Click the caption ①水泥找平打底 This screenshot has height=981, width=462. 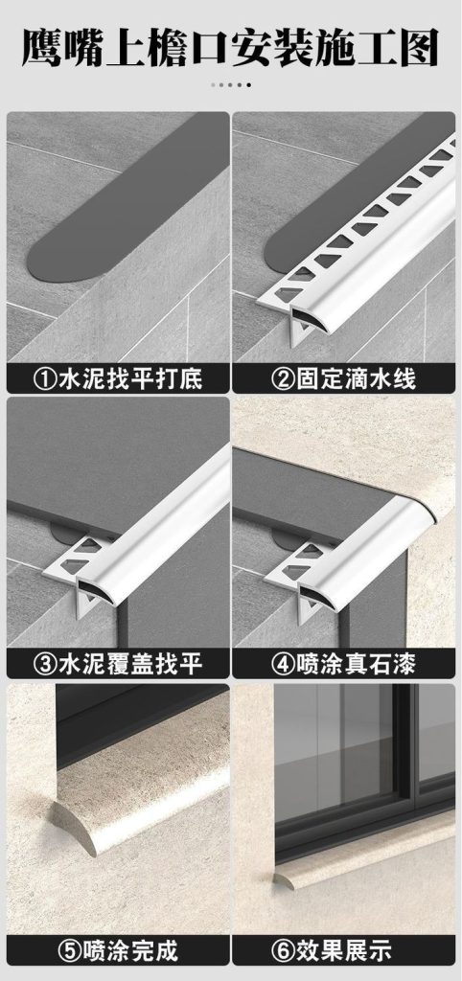point(118,378)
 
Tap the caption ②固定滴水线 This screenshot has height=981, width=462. point(343,378)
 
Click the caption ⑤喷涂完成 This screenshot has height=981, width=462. point(118,950)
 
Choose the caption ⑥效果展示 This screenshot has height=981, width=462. point(343,950)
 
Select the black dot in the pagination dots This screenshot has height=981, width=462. point(248,84)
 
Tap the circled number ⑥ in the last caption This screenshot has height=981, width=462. point(283,951)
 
